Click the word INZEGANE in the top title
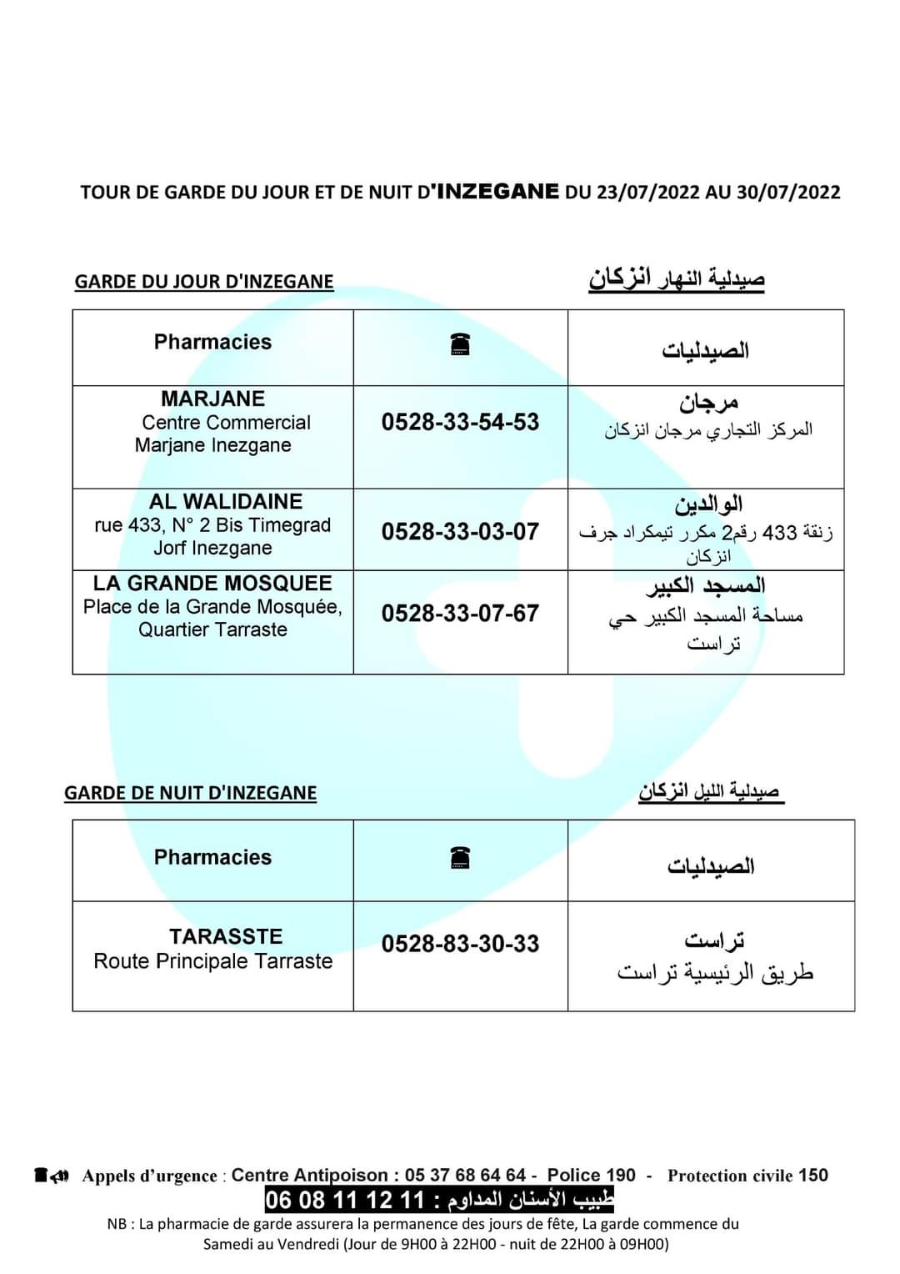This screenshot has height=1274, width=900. (497, 191)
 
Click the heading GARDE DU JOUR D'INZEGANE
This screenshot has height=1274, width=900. (204, 282)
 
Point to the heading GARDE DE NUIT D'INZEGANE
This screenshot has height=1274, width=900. (190, 793)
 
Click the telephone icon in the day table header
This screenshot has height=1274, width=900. (460, 344)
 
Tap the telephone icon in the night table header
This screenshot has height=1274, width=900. (460, 857)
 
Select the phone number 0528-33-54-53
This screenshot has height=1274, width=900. (460, 422)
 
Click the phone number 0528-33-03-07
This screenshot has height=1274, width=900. (460, 531)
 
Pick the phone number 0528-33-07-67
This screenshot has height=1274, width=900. (460, 614)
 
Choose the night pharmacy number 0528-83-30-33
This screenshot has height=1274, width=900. (460, 944)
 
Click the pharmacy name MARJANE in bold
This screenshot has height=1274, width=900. (212, 399)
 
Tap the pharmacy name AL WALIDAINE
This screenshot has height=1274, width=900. (226, 502)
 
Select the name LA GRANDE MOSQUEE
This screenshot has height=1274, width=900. (212, 583)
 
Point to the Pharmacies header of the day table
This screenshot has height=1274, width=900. (212, 342)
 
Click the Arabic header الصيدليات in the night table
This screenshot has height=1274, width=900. (711, 866)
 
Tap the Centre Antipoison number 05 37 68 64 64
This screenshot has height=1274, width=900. (465, 1176)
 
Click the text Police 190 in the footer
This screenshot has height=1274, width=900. (591, 1176)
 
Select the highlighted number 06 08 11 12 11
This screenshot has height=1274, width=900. (345, 1201)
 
